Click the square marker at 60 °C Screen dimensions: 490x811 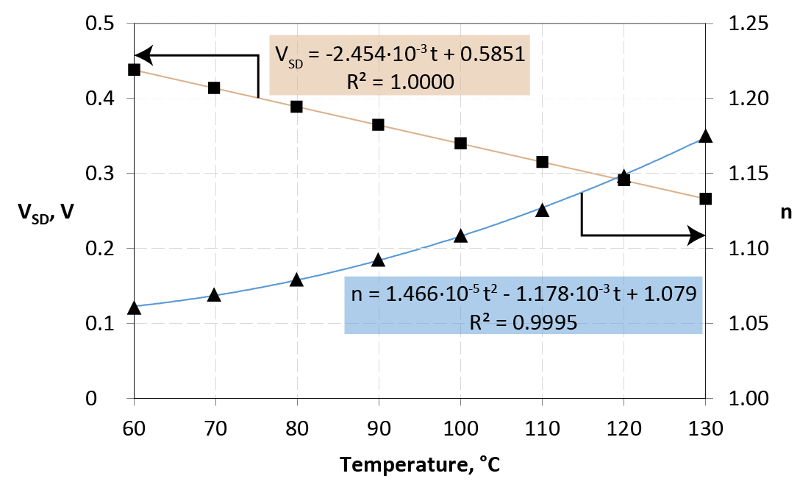tap(134, 69)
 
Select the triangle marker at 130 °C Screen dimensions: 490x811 tap(705, 136)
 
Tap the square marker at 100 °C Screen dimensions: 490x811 tap(460, 143)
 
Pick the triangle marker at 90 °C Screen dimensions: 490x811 tap(378, 260)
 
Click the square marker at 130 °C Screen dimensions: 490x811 tap(705, 199)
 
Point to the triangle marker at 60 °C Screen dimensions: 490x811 tap(134, 308)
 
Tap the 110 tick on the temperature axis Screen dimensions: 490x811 tap(542, 427)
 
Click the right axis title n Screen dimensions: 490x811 tap(786, 213)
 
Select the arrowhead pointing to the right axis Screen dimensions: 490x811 tap(697, 235)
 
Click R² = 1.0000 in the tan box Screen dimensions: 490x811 tap(399, 80)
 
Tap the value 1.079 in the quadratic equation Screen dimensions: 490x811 tap(670, 294)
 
